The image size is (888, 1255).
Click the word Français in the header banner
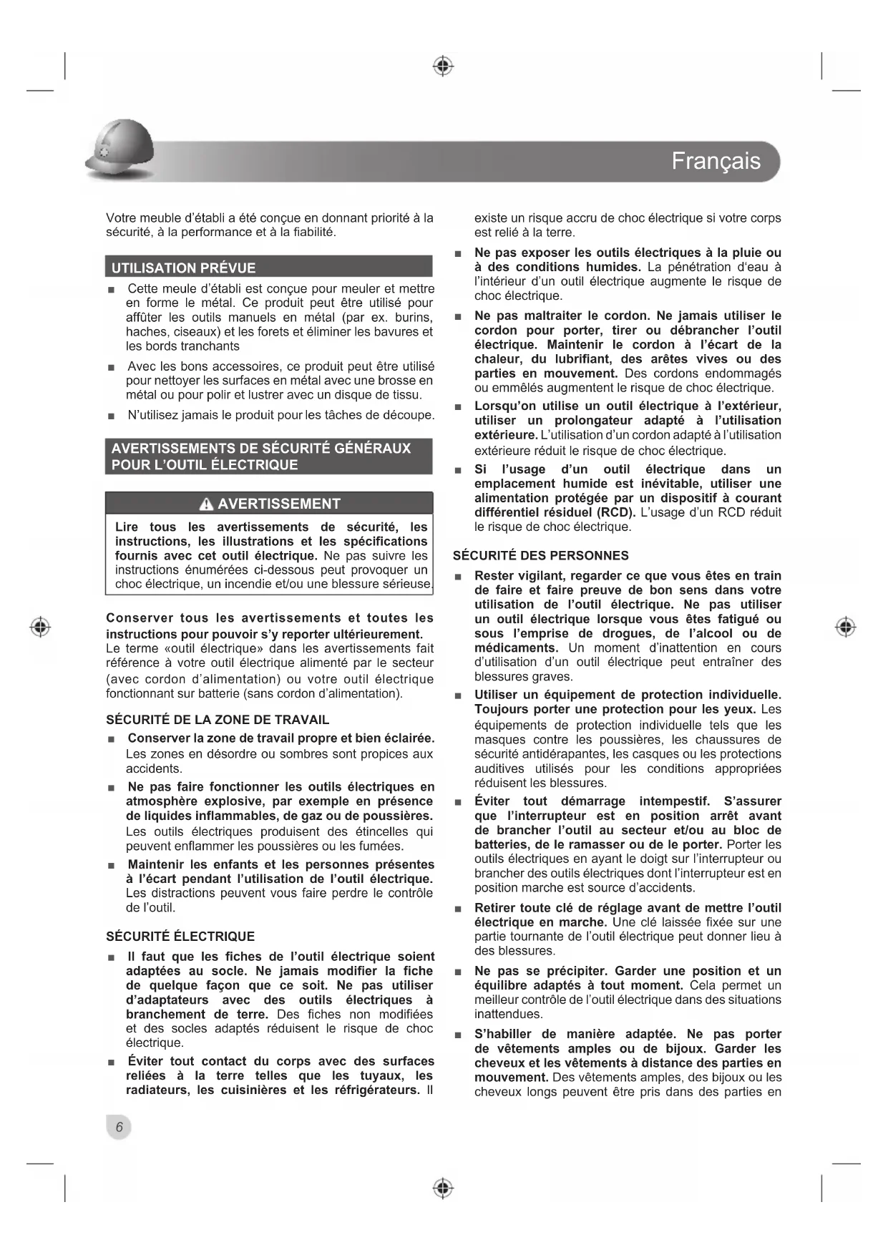(716, 161)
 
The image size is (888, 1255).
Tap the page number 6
(119, 1127)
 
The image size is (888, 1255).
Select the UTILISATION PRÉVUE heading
(183, 268)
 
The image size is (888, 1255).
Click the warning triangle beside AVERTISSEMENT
(207, 504)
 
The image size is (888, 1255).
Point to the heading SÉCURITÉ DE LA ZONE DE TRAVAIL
(218, 720)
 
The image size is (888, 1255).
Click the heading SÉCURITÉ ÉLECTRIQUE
(180, 937)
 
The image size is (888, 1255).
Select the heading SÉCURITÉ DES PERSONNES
(541, 556)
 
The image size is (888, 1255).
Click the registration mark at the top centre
(444, 67)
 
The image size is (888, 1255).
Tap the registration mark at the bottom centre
(444, 1188)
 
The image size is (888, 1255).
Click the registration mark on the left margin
(41, 627)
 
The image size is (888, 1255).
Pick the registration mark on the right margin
(846, 627)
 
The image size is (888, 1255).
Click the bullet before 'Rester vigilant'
(458, 577)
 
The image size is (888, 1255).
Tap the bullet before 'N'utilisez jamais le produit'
(111, 416)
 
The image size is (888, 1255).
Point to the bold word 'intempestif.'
(674, 801)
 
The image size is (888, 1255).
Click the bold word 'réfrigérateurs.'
(377, 1090)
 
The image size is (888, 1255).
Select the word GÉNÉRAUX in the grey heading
(373, 449)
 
